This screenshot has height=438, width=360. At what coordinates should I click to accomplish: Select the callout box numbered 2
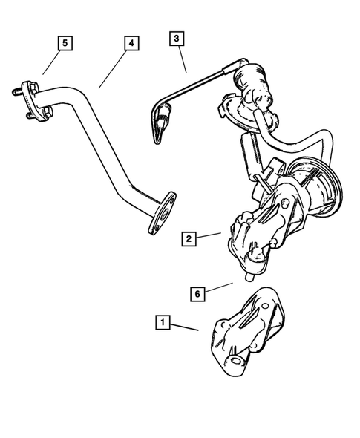pos(190,238)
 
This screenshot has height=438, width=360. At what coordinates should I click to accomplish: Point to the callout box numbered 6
pos(197,294)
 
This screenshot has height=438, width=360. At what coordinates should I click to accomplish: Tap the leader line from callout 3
pos(182,59)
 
